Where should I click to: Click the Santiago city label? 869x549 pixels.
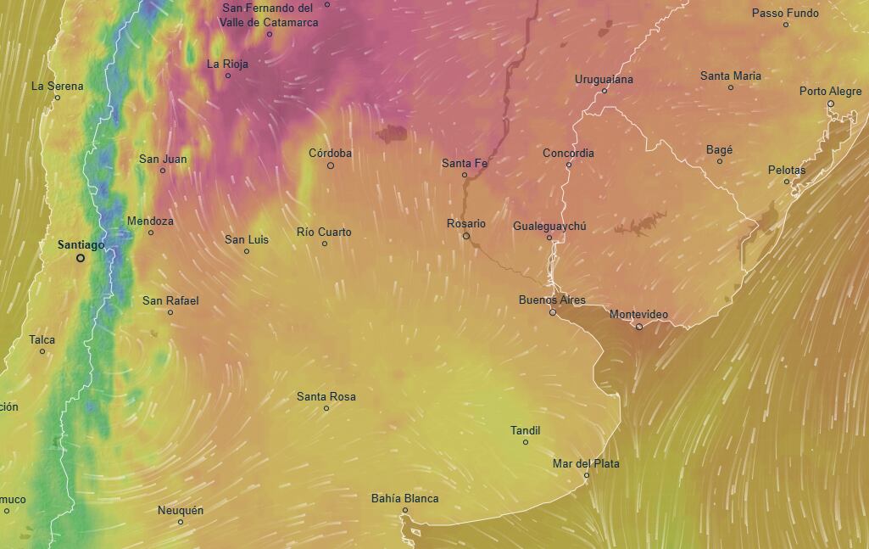click(x=81, y=244)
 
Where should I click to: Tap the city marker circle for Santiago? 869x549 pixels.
click(x=81, y=258)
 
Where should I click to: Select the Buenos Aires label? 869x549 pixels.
click(x=552, y=300)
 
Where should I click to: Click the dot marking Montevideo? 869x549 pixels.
click(x=639, y=327)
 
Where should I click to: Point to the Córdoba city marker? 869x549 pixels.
click(x=331, y=165)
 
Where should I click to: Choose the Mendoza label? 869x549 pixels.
click(x=150, y=221)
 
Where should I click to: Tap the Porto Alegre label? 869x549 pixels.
click(x=830, y=91)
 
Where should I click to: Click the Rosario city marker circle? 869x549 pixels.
click(x=466, y=236)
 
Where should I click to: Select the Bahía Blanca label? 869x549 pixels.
click(x=404, y=498)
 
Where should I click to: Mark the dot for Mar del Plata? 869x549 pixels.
click(x=586, y=475)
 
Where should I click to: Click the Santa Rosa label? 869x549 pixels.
click(x=326, y=396)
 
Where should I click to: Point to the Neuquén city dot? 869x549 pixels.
click(x=181, y=522)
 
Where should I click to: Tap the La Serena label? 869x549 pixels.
click(x=58, y=86)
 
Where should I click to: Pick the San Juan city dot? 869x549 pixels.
click(x=163, y=171)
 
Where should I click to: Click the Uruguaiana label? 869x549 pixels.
click(x=604, y=79)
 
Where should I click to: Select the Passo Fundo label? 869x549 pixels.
click(x=785, y=13)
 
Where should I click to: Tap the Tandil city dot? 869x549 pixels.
click(x=526, y=442)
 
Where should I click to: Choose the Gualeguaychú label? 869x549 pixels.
click(x=549, y=227)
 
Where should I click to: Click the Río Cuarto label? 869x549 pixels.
click(x=324, y=232)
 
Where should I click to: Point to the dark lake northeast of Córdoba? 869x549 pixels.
click(x=392, y=133)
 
